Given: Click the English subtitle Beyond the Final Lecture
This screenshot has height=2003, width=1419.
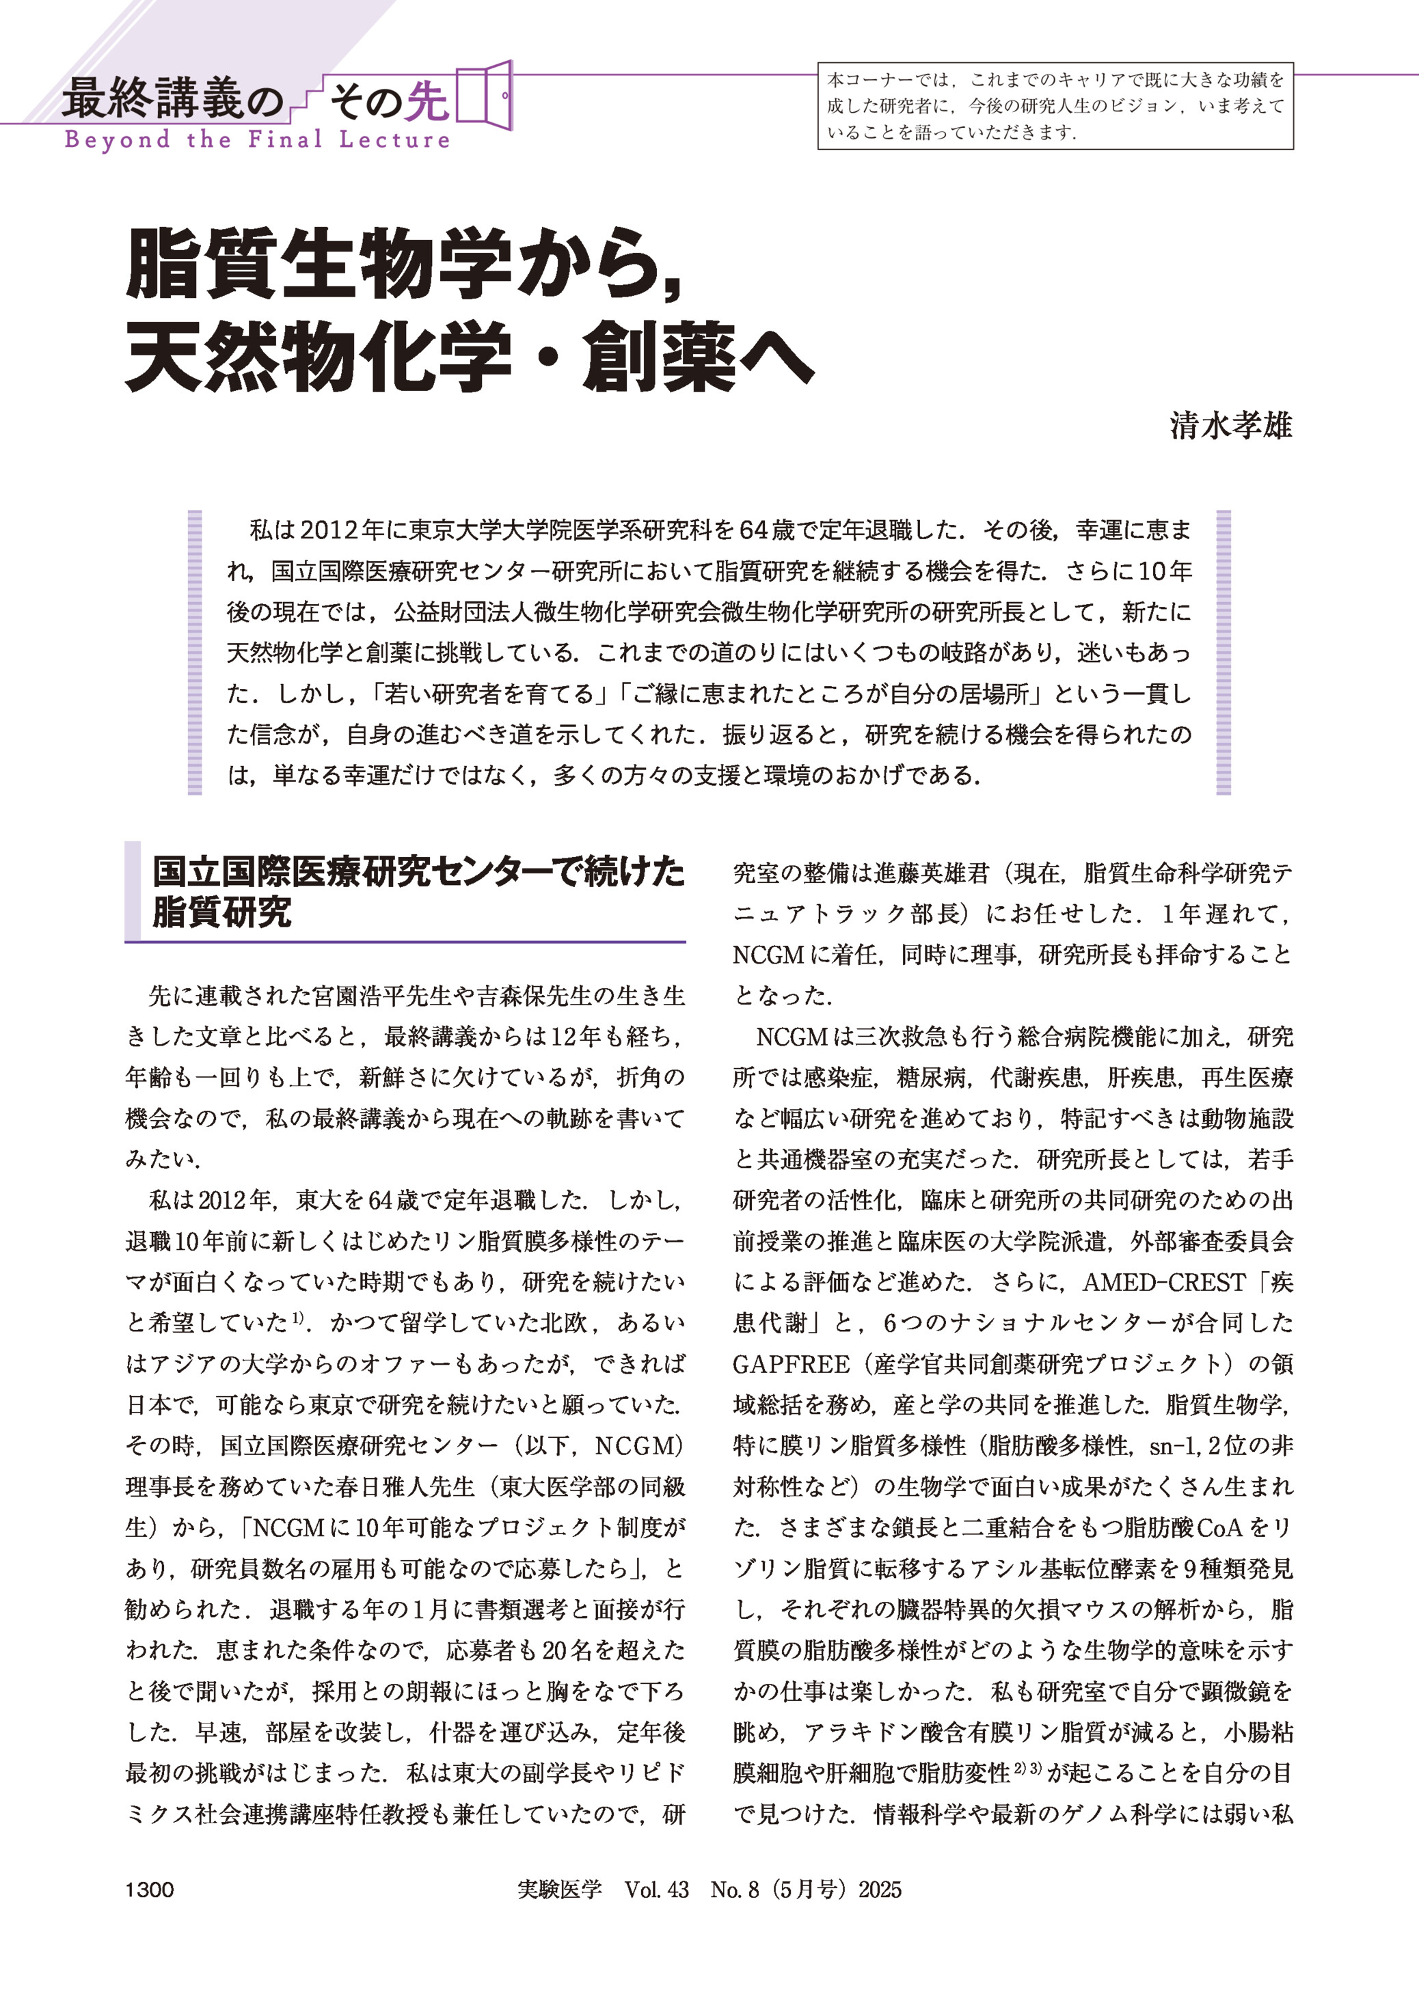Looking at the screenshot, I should pyautogui.click(x=257, y=140).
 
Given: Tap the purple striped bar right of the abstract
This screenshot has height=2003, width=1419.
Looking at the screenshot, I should pyautogui.click(x=1224, y=653).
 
